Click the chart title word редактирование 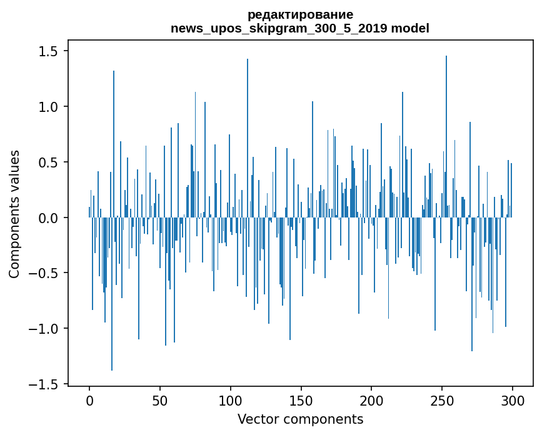300,14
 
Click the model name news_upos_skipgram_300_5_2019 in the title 283,28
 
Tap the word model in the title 414,28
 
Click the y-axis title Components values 14,214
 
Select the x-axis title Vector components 300,419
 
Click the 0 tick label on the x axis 89,400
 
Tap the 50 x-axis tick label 160,400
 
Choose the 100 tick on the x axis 231,400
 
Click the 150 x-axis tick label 301,400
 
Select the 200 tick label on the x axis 371,400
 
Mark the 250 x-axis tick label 442,400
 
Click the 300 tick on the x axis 513,400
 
